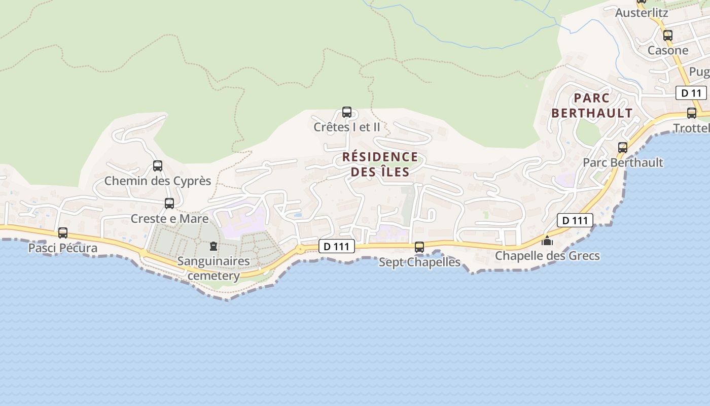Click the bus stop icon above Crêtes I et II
(x=347, y=112)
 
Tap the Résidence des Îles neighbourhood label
(x=380, y=164)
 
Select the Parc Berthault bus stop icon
(x=623, y=148)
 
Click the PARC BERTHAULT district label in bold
(x=592, y=105)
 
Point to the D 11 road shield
(x=691, y=93)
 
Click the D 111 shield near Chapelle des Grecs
(x=575, y=220)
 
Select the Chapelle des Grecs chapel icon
(x=547, y=241)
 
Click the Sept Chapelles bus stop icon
(x=419, y=247)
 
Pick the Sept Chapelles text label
(x=419, y=262)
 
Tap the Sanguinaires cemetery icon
(x=214, y=247)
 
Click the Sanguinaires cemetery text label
(x=214, y=268)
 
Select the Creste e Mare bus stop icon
(x=169, y=204)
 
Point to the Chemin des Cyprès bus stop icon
(x=158, y=166)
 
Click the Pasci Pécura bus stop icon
(x=63, y=233)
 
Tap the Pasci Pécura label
(x=63, y=248)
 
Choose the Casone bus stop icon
(x=668, y=36)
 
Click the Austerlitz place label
(x=642, y=13)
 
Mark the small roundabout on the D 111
(x=301, y=249)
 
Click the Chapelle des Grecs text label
(x=547, y=256)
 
